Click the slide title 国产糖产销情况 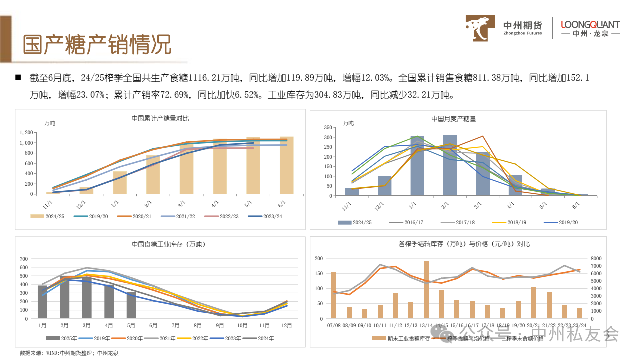point(98,45)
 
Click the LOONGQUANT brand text point(590,25)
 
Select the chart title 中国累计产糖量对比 point(160,119)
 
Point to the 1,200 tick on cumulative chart point(26,133)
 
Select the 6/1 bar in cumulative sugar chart point(286,165)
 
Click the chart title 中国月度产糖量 point(454,119)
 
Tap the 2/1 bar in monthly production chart point(450,165)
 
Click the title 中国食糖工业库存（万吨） point(161,244)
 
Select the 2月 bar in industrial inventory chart point(65,297)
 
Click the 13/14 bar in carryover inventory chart point(426,289)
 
